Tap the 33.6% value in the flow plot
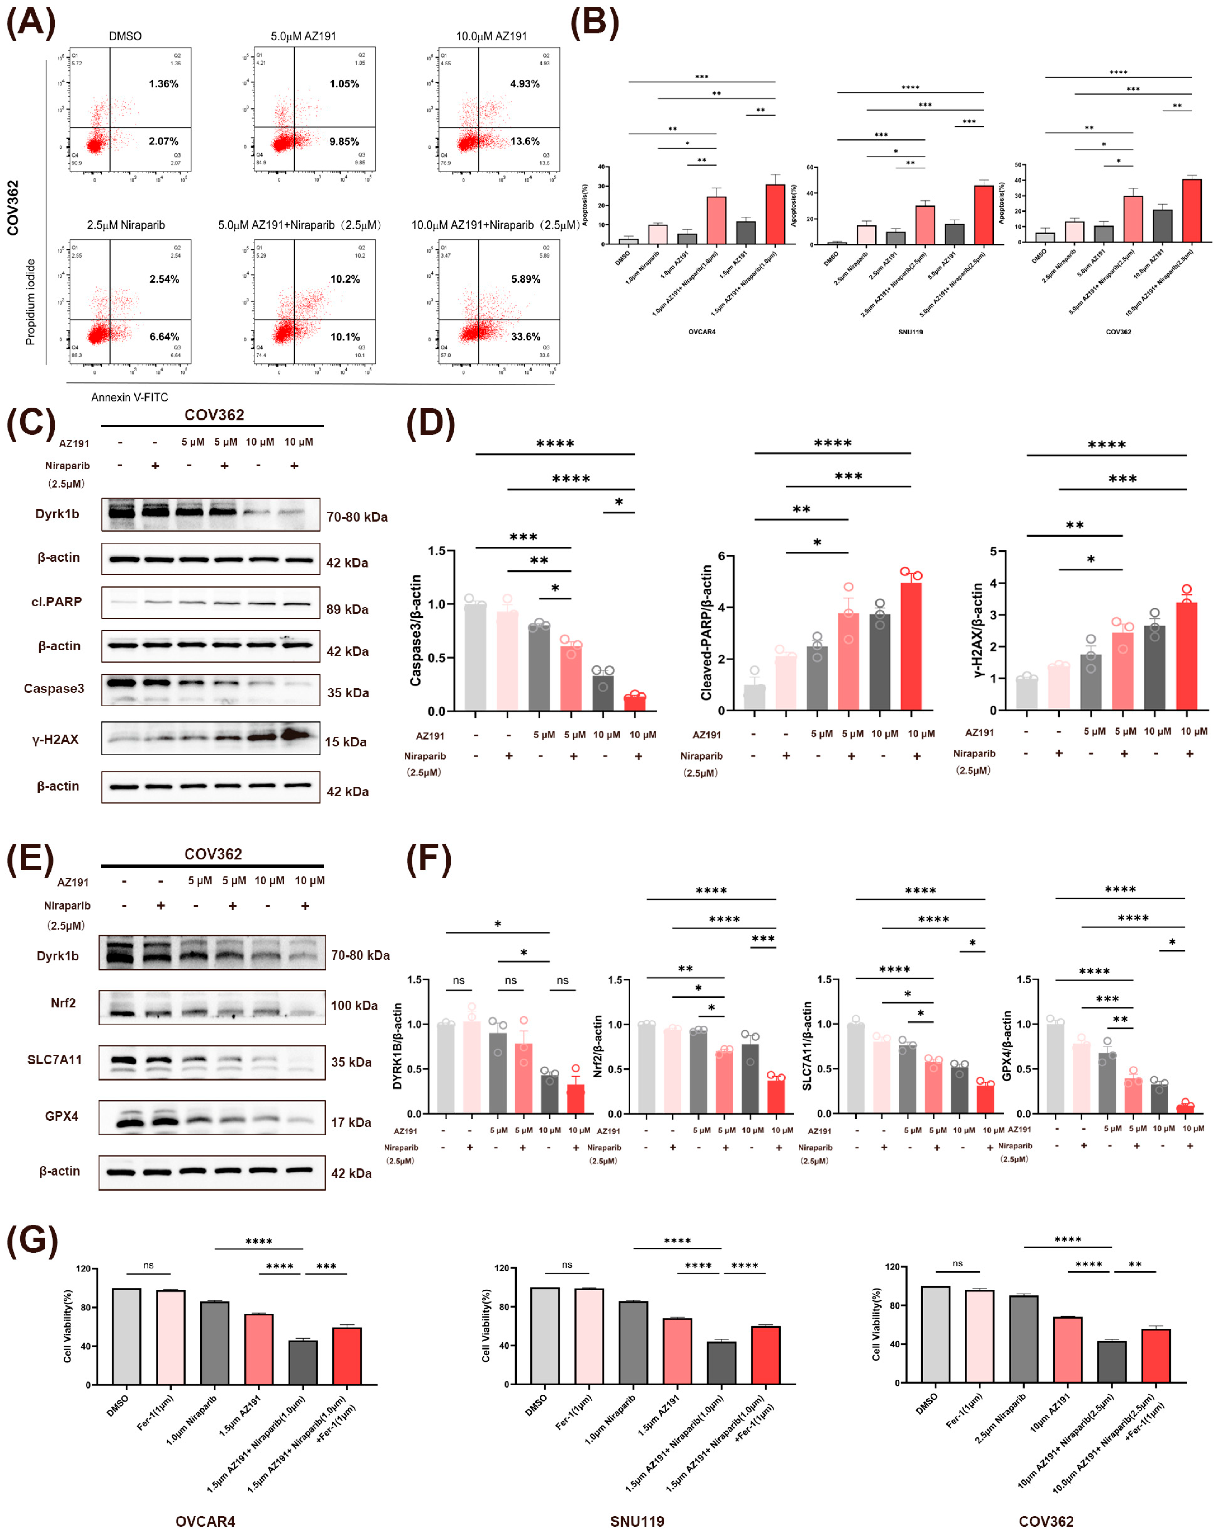(x=525, y=336)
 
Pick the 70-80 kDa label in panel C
(x=357, y=517)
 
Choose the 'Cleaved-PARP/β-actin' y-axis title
(x=706, y=632)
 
